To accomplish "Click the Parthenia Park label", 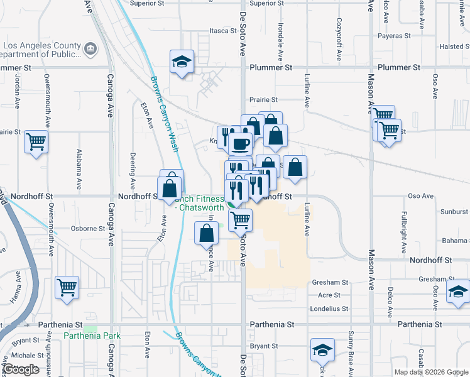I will [x=92, y=336].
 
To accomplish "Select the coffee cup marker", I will [x=239, y=145].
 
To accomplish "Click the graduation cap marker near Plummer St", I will [x=182, y=62].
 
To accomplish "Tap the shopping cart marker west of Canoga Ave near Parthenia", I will [x=67, y=287].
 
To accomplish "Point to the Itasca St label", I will [x=222, y=30].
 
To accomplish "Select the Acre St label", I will [x=329, y=295].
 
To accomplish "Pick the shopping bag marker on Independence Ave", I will [x=207, y=233].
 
